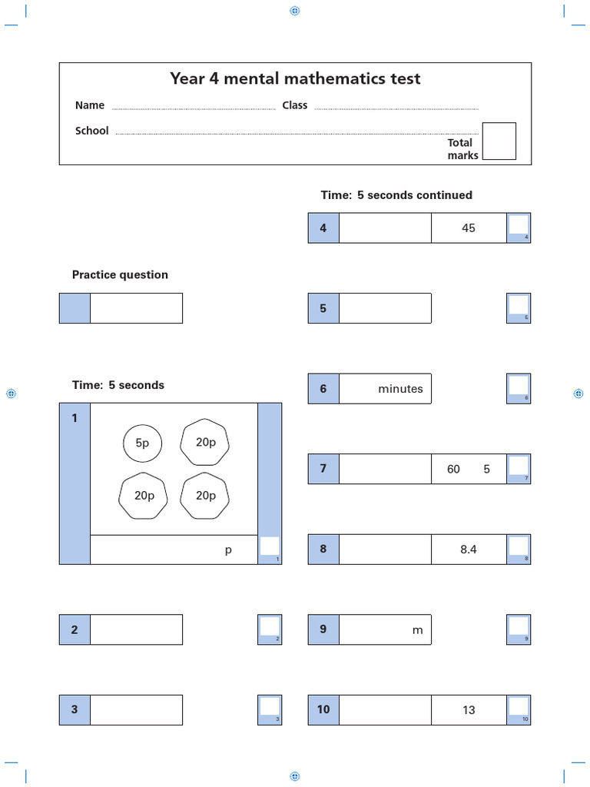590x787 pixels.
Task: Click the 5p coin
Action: click(142, 443)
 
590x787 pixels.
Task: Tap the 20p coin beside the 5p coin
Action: click(204, 442)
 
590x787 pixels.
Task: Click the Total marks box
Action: click(499, 141)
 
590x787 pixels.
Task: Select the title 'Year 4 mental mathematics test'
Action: click(295, 78)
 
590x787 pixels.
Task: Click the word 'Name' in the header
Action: click(89, 105)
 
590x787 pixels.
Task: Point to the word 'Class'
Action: click(294, 105)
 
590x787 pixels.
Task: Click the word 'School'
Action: click(91, 131)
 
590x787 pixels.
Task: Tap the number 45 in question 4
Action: click(469, 228)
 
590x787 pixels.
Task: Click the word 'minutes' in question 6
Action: click(400, 389)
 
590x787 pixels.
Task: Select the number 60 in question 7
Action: click(453, 469)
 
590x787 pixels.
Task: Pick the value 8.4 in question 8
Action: click(469, 550)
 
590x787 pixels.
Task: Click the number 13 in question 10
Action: click(469, 710)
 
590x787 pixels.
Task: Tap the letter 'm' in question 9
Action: click(418, 630)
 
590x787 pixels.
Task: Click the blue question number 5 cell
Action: click(323, 308)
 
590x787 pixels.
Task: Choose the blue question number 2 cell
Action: click(75, 630)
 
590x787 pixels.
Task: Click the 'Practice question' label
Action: click(120, 274)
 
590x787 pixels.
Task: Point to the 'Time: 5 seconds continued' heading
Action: click(396, 195)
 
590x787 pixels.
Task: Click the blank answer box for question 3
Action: click(136, 710)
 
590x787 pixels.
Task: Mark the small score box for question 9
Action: click(519, 626)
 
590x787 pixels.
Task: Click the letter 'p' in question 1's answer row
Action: click(228, 550)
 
